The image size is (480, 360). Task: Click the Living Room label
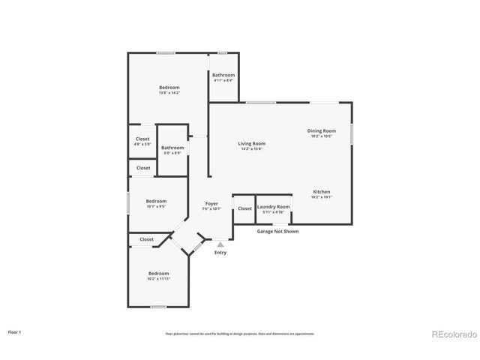pos(252,143)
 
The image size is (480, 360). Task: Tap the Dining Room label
pos(320,130)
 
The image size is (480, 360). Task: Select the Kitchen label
pos(321,192)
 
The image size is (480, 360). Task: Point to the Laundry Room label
pos(273,207)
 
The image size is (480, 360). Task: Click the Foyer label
pos(211,203)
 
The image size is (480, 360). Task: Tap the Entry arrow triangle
pos(220,244)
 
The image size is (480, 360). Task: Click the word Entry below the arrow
pos(220,253)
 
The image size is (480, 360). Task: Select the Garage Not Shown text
pos(278,232)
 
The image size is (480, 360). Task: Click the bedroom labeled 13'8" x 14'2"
pos(169,88)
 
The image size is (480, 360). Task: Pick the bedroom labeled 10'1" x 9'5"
pos(156,201)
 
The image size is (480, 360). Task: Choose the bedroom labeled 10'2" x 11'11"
pos(158,273)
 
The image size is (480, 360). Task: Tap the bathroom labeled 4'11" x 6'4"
pos(223,75)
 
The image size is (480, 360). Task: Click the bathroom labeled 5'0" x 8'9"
pos(172,148)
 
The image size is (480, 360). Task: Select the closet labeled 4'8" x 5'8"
pos(142,139)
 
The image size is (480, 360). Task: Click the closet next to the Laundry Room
pos(244,208)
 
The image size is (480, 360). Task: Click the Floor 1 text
pos(15,331)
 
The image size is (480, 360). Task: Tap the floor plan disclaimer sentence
pos(240,333)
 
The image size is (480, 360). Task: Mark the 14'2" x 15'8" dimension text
pos(252,148)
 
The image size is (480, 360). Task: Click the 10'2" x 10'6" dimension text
pos(320,136)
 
